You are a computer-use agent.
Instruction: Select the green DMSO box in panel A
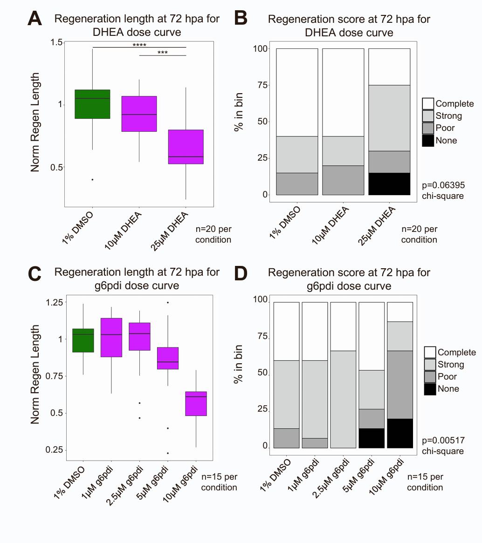pos(92,104)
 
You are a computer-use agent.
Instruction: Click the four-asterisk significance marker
pos(139,45)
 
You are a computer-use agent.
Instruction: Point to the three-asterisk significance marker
pos(163,53)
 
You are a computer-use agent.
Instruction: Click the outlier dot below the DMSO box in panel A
pos(92,179)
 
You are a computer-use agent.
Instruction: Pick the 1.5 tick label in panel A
pos(56,42)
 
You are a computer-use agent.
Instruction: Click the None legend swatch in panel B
pos(428,140)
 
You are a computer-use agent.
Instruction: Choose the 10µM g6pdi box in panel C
pos(196,403)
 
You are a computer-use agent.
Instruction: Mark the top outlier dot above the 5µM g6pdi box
pos(168,303)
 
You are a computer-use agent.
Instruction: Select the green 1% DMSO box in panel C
pos(83,340)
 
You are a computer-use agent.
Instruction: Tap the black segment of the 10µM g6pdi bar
pos(400,433)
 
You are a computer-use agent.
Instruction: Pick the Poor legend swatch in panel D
pos(430,376)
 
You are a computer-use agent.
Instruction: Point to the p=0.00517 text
pos(443,440)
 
